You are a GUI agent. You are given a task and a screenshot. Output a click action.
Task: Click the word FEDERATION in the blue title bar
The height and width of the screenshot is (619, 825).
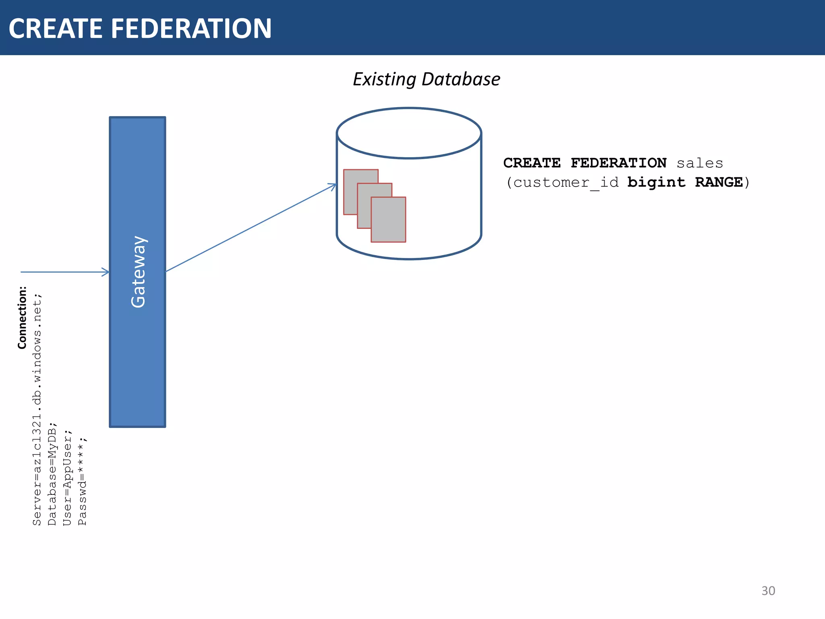click(x=191, y=29)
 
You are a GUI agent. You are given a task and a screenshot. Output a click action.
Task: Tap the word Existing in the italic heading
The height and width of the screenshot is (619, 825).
click(x=384, y=79)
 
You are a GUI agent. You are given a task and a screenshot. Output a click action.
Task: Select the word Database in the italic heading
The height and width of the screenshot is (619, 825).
click(x=461, y=79)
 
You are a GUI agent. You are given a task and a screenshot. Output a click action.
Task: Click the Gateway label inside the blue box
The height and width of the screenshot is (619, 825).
click(x=138, y=272)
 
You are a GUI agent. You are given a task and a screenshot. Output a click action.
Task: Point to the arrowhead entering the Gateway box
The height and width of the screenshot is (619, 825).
click(x=106, y=272)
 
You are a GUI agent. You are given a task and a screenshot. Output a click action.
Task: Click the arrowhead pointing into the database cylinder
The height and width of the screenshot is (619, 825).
click(x=333, y=186)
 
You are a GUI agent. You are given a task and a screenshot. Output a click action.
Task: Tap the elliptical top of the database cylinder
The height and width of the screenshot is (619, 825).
click(x=408, y=133)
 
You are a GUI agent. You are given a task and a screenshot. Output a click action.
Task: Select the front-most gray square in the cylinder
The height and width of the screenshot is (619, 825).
click(x=388, y=220)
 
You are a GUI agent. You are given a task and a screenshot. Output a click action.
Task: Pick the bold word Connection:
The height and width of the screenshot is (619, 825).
click(x=22, y=318)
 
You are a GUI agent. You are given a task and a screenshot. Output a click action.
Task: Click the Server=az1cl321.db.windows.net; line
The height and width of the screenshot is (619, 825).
click(x=37, y=409)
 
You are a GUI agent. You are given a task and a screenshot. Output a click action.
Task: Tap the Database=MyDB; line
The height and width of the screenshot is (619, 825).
click(x=52, y=474)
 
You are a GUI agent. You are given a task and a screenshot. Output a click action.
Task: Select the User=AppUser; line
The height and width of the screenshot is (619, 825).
click(x=67, y=478)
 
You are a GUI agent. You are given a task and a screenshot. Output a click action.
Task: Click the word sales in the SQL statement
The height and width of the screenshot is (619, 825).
click(x=700, y=163)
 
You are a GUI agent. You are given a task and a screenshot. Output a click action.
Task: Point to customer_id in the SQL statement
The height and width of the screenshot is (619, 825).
click(x=566, y=183)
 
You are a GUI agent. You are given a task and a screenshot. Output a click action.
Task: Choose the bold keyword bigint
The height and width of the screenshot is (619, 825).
click(x=656, y=183)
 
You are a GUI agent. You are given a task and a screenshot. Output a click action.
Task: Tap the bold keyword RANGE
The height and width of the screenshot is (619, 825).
click(x=719, y=183)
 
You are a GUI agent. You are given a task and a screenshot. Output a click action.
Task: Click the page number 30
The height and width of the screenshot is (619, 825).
click(x=768, y=591)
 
